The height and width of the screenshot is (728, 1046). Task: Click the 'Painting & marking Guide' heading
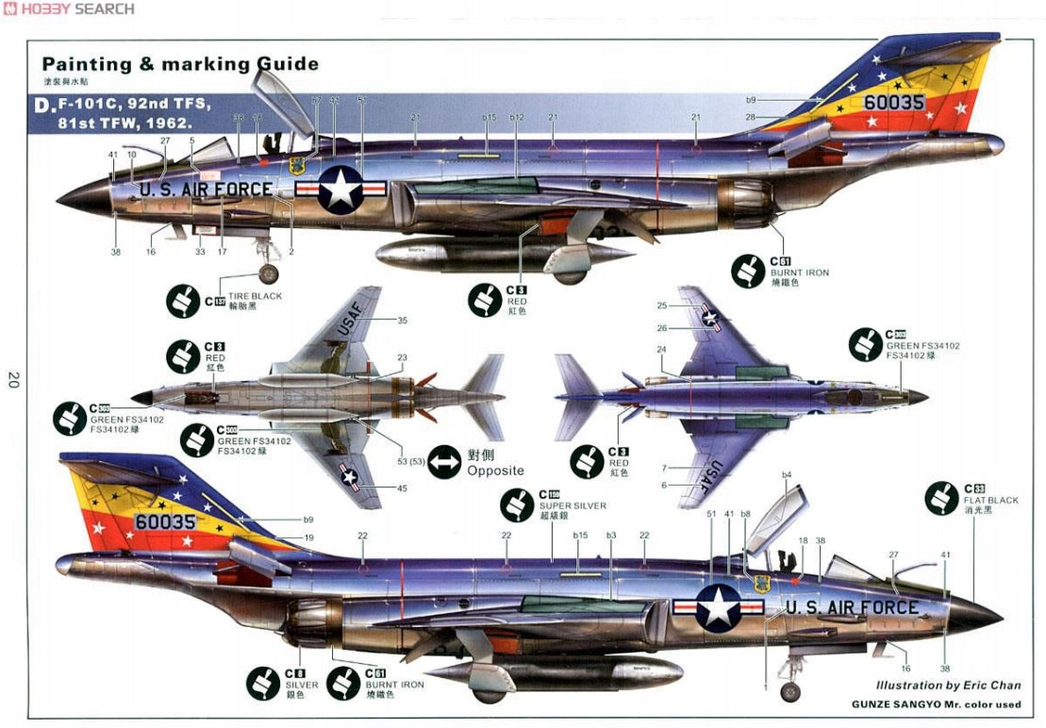[180, 64]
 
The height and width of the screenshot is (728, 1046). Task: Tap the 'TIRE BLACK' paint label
[254, 296]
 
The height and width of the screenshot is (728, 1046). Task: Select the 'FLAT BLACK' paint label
[990, 501]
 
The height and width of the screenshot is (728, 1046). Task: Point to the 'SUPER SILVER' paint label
[573, 506]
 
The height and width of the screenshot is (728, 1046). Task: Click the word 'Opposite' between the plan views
[495, 471]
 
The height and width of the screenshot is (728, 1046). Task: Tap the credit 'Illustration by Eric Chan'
[948, 686]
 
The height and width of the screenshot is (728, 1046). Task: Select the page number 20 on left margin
[13, 380]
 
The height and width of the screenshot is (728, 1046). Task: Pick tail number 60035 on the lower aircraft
[164, 521]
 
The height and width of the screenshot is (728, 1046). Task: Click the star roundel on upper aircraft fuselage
[340, 189]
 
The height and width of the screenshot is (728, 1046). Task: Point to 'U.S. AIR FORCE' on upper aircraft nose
[206, 189]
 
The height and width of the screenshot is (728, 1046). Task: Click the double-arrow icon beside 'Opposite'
[442, 462]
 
